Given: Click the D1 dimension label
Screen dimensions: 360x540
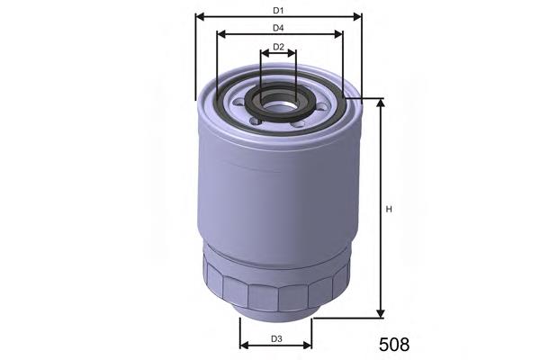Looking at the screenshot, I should coord(278,10).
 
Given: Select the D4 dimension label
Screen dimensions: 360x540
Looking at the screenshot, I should coord(278,28).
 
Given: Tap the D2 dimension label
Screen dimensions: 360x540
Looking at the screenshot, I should coord(278,46).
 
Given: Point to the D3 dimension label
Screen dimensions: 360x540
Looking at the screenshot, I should coord(276,338).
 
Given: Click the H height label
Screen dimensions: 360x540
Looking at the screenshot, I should coord(389,210).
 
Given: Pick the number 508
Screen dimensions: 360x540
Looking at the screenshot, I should coord(391,344).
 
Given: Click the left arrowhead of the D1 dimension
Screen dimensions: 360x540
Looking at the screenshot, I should coord(199,16).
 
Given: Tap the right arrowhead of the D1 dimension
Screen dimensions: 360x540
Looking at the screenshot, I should coord(357,16).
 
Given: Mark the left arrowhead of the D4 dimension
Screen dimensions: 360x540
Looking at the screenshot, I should coord(220,35).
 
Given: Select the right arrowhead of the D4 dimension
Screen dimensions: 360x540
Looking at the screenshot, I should coord(338,35).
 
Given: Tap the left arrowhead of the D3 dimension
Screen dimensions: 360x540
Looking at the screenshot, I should coord(243,345).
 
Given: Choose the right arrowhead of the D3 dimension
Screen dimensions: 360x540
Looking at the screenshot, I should coord(308,345).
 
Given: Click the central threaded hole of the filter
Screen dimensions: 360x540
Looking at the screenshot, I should coord(279,105).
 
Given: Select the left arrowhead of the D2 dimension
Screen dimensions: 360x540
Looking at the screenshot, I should coord(264,53).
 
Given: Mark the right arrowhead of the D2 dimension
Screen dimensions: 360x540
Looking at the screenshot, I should coord(292,53).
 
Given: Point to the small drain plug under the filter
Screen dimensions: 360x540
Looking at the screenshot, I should coord(275,311).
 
